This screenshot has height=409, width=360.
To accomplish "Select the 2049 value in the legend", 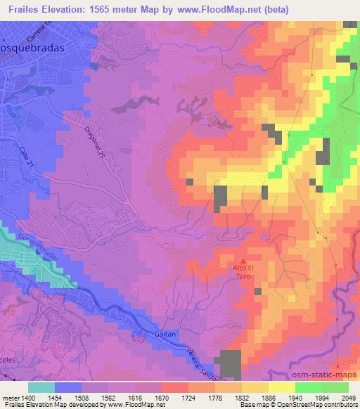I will tap(349, 397).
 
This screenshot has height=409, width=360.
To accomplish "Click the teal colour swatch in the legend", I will tap(41, 387).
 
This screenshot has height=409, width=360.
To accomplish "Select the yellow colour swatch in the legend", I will tap(282, 387).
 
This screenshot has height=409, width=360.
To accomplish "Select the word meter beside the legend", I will tap(10, 397).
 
